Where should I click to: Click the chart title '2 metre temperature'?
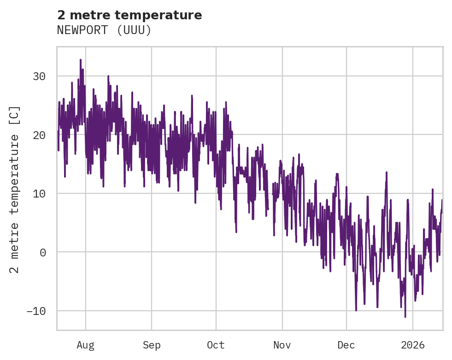[129, 15]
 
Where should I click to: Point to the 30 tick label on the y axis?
[39, 76]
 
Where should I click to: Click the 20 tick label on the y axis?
[39, 135]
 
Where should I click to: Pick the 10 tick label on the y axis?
[39, 193]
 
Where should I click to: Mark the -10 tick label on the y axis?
[36, 311]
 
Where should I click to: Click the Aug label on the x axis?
[86, 345]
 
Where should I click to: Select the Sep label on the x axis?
[151, 345]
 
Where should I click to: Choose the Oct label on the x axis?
[216, 345]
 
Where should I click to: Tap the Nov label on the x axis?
[282, 345]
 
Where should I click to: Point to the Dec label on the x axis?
[346, 345]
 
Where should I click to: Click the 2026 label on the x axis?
[413, 345]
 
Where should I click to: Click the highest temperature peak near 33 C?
[80, 60]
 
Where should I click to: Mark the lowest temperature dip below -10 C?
[405, 317]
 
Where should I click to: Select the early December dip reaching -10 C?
[356, 310]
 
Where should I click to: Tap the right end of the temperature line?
[442, 200]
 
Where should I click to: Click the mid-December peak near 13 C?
[387, 173]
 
